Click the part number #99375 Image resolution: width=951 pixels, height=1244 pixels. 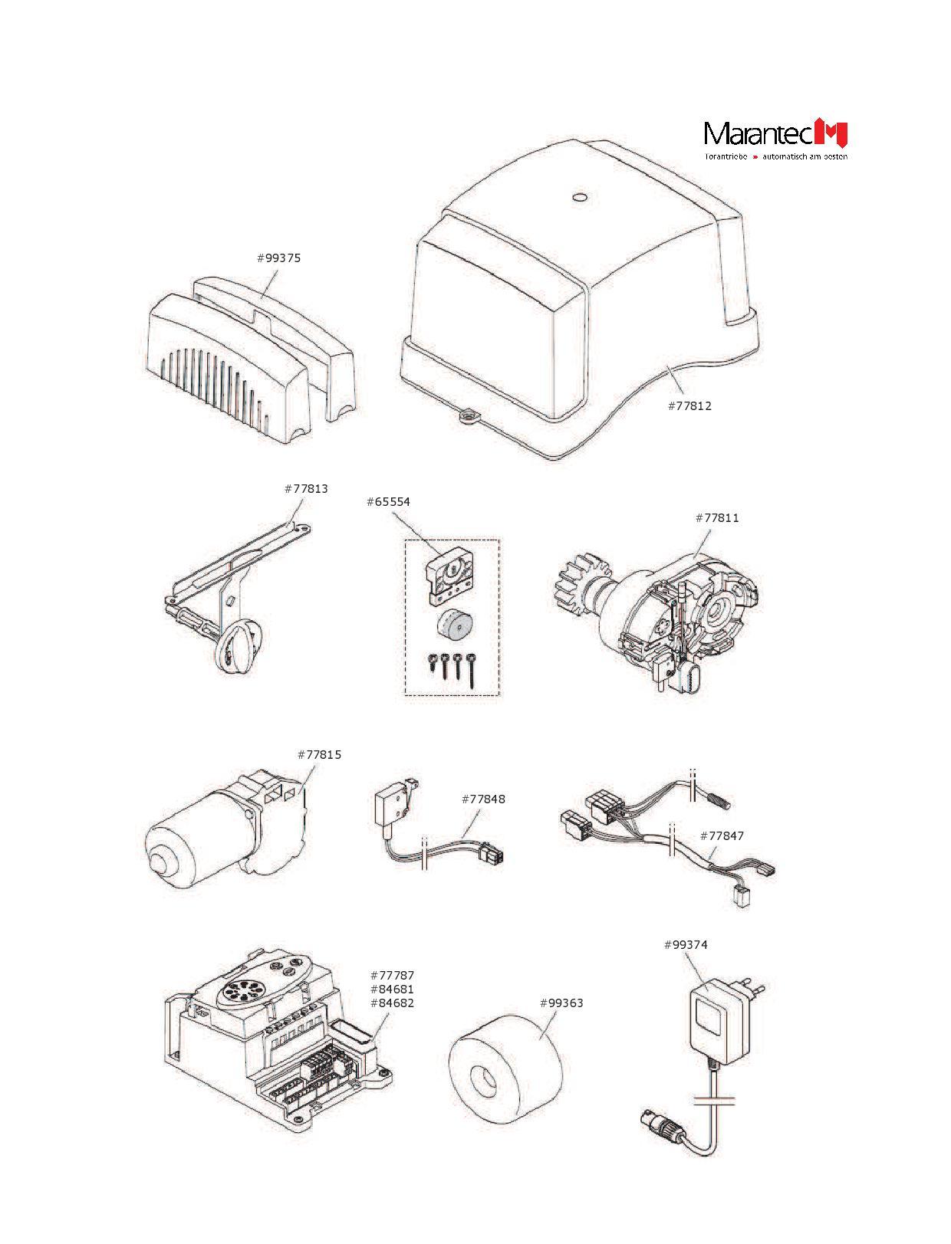tap(278, 258)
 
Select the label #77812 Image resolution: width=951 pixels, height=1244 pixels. tap(689, 406)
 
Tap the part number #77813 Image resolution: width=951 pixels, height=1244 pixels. tap(306, 488)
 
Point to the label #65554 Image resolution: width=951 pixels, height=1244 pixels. tap(388, 502)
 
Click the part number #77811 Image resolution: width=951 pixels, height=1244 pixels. tap(717, 518)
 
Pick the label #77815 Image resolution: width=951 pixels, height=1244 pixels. tap(319, 755)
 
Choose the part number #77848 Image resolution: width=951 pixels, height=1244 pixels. tap(483, 799)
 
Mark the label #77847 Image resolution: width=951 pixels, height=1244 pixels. tap(722, 836)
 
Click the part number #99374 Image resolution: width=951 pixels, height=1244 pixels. tap(686, 945)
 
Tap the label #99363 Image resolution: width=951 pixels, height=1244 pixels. tap(561, 1003)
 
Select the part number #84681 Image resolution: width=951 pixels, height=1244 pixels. tap(392, 990)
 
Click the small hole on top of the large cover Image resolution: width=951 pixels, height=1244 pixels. tap(580, 197)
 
